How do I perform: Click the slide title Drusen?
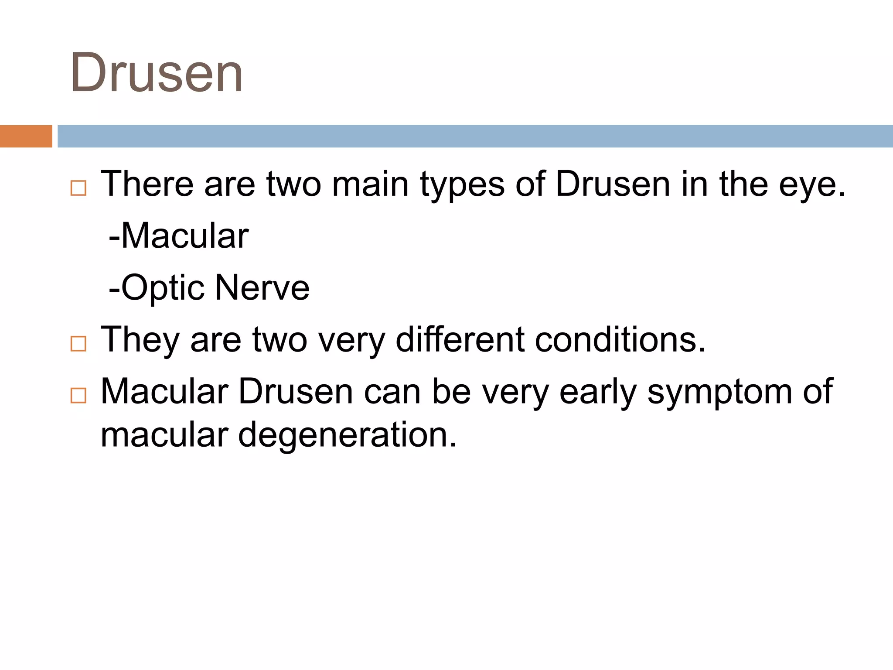[x=156, y=73]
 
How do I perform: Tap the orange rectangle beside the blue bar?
[x=26, y=136]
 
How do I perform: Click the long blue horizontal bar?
[x=474, y=136]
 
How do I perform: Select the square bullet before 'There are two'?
[x=78, y=188]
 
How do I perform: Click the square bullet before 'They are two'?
[x=78, y=344]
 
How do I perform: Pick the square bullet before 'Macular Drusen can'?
[x=78, y=396]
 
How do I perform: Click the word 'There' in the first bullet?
[x=147, y=184]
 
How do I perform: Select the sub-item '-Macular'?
[x=179, y=236]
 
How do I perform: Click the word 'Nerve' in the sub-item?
[x=262, y=288]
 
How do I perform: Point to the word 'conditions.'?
[x=620, y=339]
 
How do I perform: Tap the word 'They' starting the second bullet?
[x=140, y=340]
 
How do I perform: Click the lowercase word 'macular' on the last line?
[x=164, y=435]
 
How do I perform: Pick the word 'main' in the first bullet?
[x=370, y=184]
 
